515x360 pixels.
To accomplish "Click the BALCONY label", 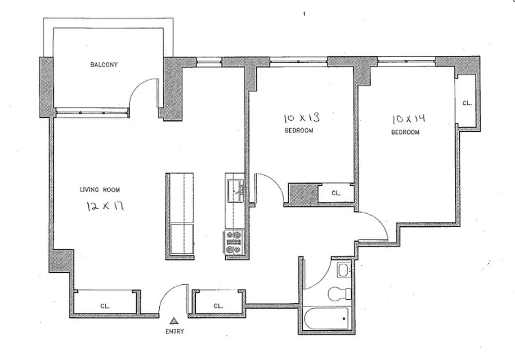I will pos(104,65).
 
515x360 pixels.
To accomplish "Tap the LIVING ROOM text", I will pos(99,190).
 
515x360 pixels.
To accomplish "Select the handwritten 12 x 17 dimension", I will pos(105,207).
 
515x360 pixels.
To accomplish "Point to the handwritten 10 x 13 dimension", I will pos(302,118).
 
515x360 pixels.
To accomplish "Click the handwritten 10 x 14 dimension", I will pos(409,120).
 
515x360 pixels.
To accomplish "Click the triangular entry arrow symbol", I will pos(173,321).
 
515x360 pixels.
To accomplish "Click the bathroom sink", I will pos(343,270).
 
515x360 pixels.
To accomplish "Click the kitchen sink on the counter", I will pos(235,189).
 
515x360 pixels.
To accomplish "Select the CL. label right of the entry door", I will pos(218,306).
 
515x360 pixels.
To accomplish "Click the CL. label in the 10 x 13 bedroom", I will pos(336,193).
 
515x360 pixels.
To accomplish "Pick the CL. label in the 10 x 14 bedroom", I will pos(467,103).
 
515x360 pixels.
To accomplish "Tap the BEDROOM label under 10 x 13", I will pos(299,131).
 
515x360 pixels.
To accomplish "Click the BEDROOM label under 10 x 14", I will pos(405,132).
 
